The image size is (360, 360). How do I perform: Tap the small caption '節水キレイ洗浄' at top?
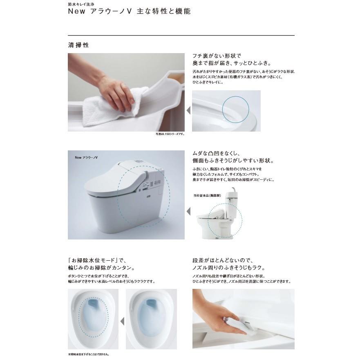(x=83, y=3)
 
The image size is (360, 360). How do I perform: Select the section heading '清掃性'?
(x=78, y=45)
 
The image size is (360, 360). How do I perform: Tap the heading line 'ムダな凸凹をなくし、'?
(x=218, y=153)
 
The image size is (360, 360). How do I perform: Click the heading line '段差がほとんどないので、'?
(x=223, y=260)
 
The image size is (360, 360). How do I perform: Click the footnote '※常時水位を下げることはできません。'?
(x=89, y=354)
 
